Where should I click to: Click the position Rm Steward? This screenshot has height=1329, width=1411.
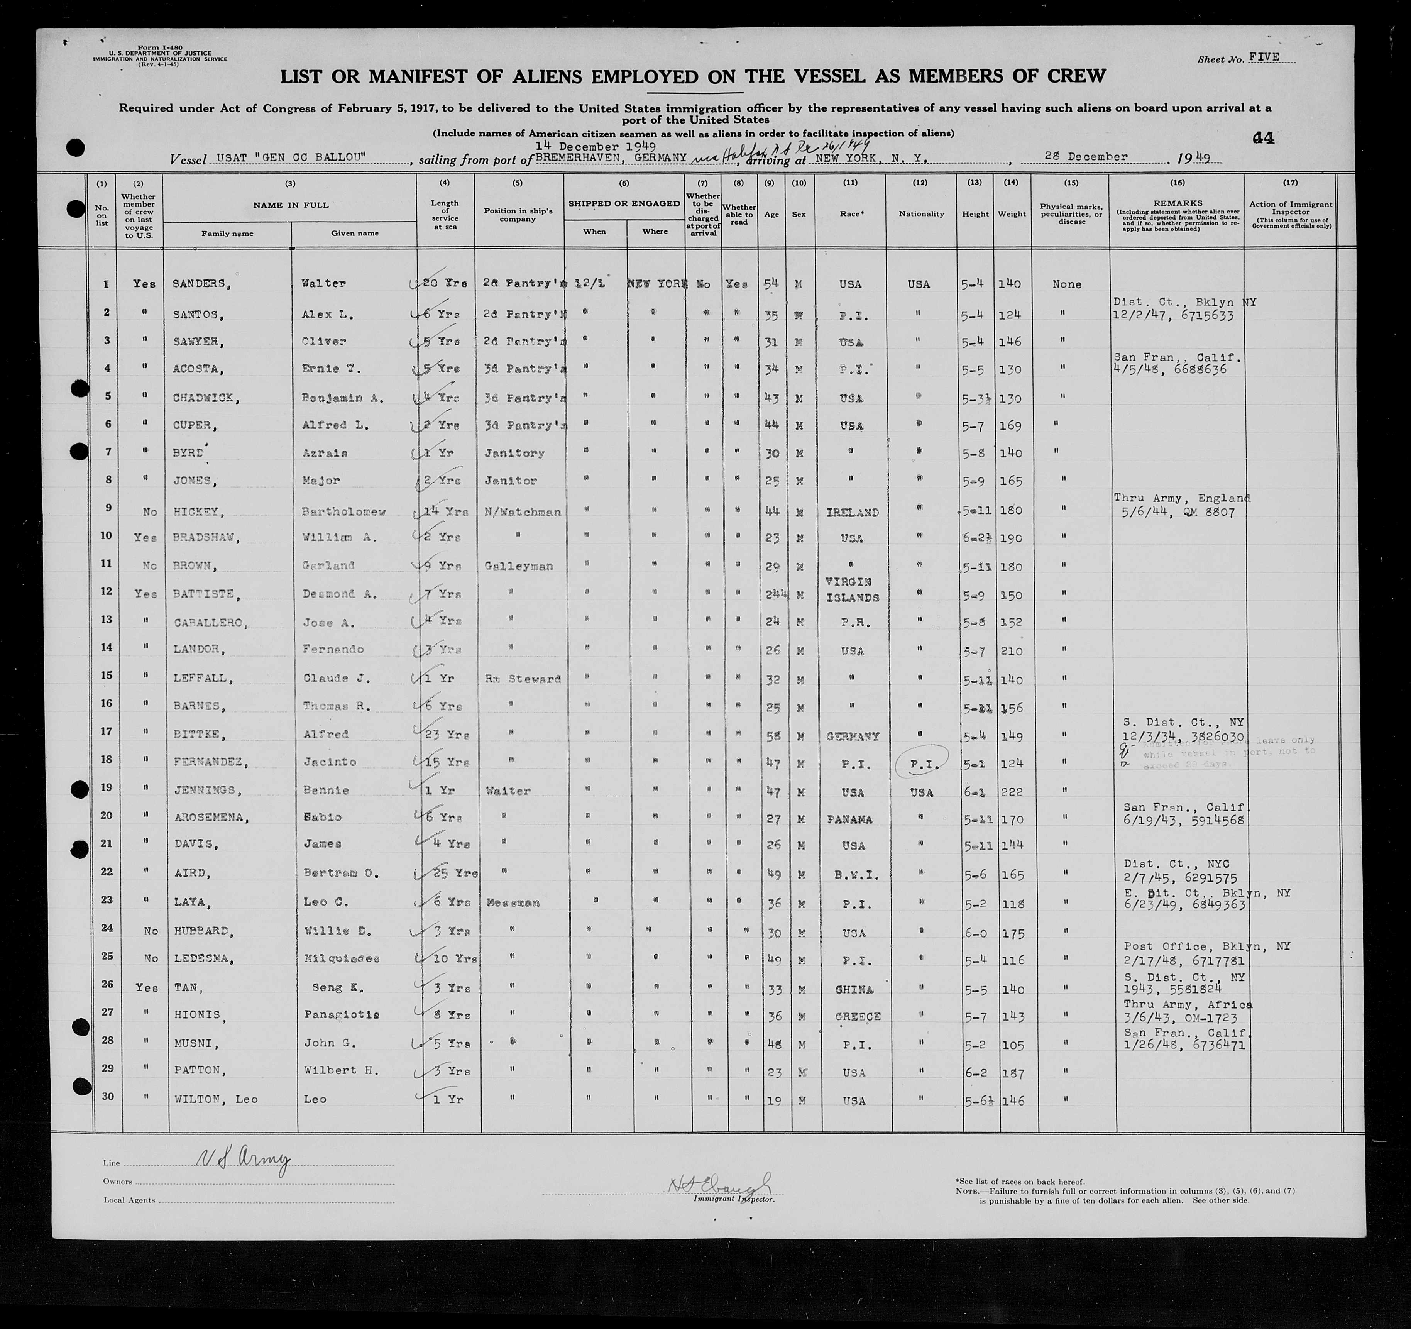tap(523, 679)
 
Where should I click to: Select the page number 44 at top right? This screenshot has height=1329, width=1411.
tap(1263, 139)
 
